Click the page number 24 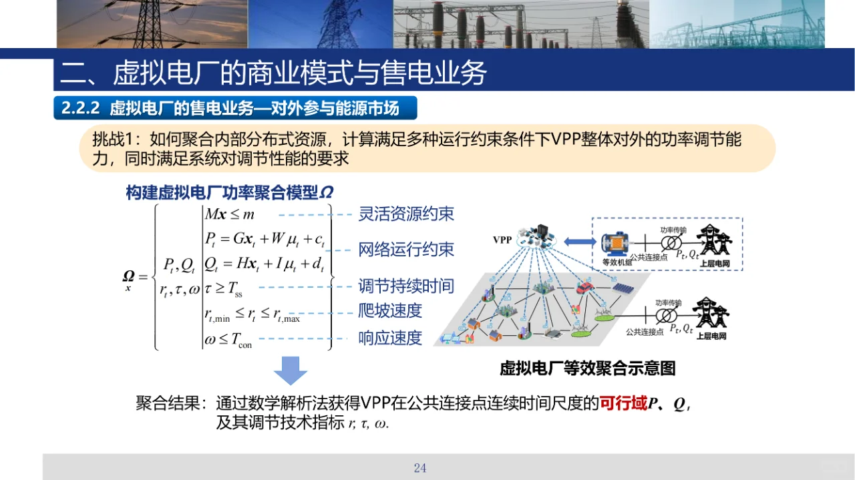click(419, 468)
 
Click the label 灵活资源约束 click(406, 214)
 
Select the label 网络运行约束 click(406, 250)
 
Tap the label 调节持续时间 click(406, 286)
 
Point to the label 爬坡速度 click(390, 311)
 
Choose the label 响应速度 click(390, 338)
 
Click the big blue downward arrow click(291, 371)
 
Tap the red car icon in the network click(585, 288)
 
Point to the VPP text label click(503, 240)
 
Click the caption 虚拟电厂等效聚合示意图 click(588, 369)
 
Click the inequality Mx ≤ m click(230, 214)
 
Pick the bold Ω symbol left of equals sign click(128, 276)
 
